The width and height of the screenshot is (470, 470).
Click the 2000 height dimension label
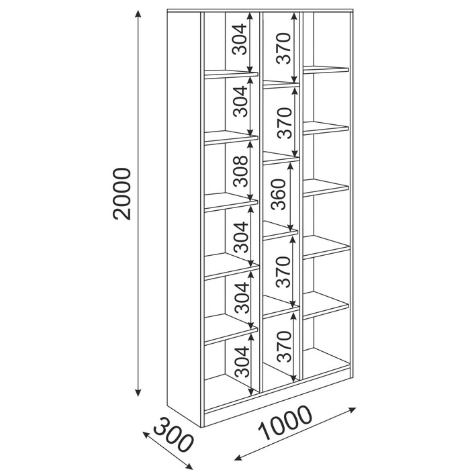[x=122, y=194]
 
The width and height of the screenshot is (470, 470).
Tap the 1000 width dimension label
[x=285, y=423]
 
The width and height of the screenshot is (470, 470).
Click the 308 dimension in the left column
[x=240, y=171]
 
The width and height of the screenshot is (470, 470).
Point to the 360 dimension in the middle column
[x=278, y=194]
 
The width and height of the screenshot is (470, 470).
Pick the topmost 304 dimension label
[x=239, y=39]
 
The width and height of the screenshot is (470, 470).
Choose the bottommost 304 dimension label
[x=242, y=361]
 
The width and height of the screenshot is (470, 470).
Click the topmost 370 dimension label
[x=283, y=48]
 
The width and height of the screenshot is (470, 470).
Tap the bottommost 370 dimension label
[x=284, y=346]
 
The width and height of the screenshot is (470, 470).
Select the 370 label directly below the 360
[x=283, y=271]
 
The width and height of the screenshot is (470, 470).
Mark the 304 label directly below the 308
[x=241, y=237]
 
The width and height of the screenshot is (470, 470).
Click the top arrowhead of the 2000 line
[x=138, y=14]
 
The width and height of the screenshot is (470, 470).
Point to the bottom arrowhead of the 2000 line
[x=138, y=392]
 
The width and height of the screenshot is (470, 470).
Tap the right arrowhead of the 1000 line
[x=352, y=410]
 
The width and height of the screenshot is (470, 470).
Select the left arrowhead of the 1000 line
[x=238, y=457]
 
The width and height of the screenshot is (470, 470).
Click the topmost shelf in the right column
[x=326, y=70]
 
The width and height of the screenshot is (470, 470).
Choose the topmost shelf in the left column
[x=231, y=75]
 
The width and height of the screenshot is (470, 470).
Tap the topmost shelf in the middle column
[x=281, y=84]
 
